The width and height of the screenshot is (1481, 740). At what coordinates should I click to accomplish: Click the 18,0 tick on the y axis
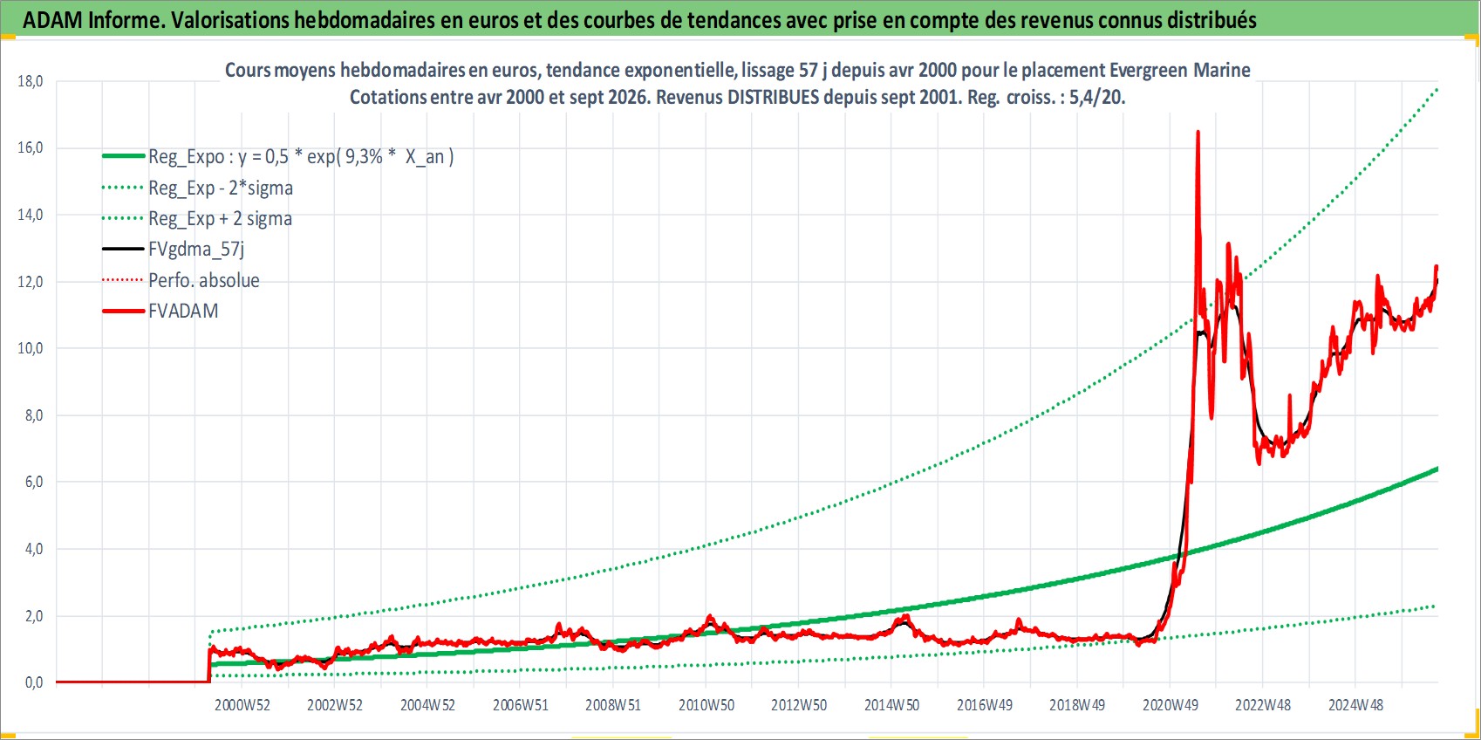point(30,81)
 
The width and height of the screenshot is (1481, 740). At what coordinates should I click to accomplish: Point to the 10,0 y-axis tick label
point(30,348)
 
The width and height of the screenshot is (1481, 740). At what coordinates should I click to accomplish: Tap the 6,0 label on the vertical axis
point(33,482)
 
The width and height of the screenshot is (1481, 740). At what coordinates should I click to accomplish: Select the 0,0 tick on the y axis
point(33,682)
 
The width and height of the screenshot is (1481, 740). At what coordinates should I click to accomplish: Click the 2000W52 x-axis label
point(242,705)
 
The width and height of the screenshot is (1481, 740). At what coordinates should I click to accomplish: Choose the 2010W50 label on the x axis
point(706,705)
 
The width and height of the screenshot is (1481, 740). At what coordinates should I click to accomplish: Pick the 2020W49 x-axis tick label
point(1170,705)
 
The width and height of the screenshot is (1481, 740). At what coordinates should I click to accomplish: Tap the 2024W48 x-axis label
point(1356,705)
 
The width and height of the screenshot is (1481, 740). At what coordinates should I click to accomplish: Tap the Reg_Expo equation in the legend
point(301,157)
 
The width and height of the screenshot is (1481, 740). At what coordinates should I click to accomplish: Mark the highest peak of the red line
point(1198,132)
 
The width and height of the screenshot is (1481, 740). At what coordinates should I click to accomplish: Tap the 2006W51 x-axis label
point(521,705)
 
